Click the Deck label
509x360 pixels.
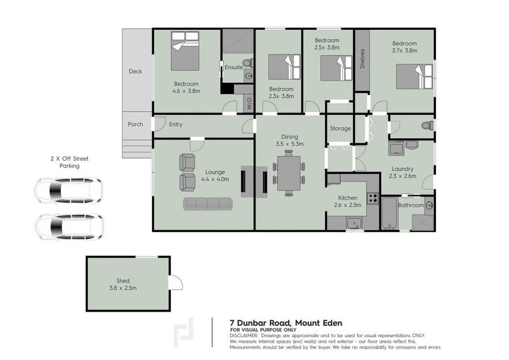(x=135, y=71)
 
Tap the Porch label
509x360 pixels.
(x=135, y=124)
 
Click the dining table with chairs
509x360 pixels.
(x=289, y=172)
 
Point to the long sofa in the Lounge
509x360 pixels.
(x=209, y=204)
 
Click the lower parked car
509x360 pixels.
(x=68, y=226)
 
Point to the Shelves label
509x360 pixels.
(x=361, y=60)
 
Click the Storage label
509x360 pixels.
(x=340, y=128)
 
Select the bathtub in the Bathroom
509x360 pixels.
(x=388, y=214)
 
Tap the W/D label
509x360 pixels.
(x=249, y=104)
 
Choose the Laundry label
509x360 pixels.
(x=403, y=169)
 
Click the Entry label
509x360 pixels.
(x=176, y=125)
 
